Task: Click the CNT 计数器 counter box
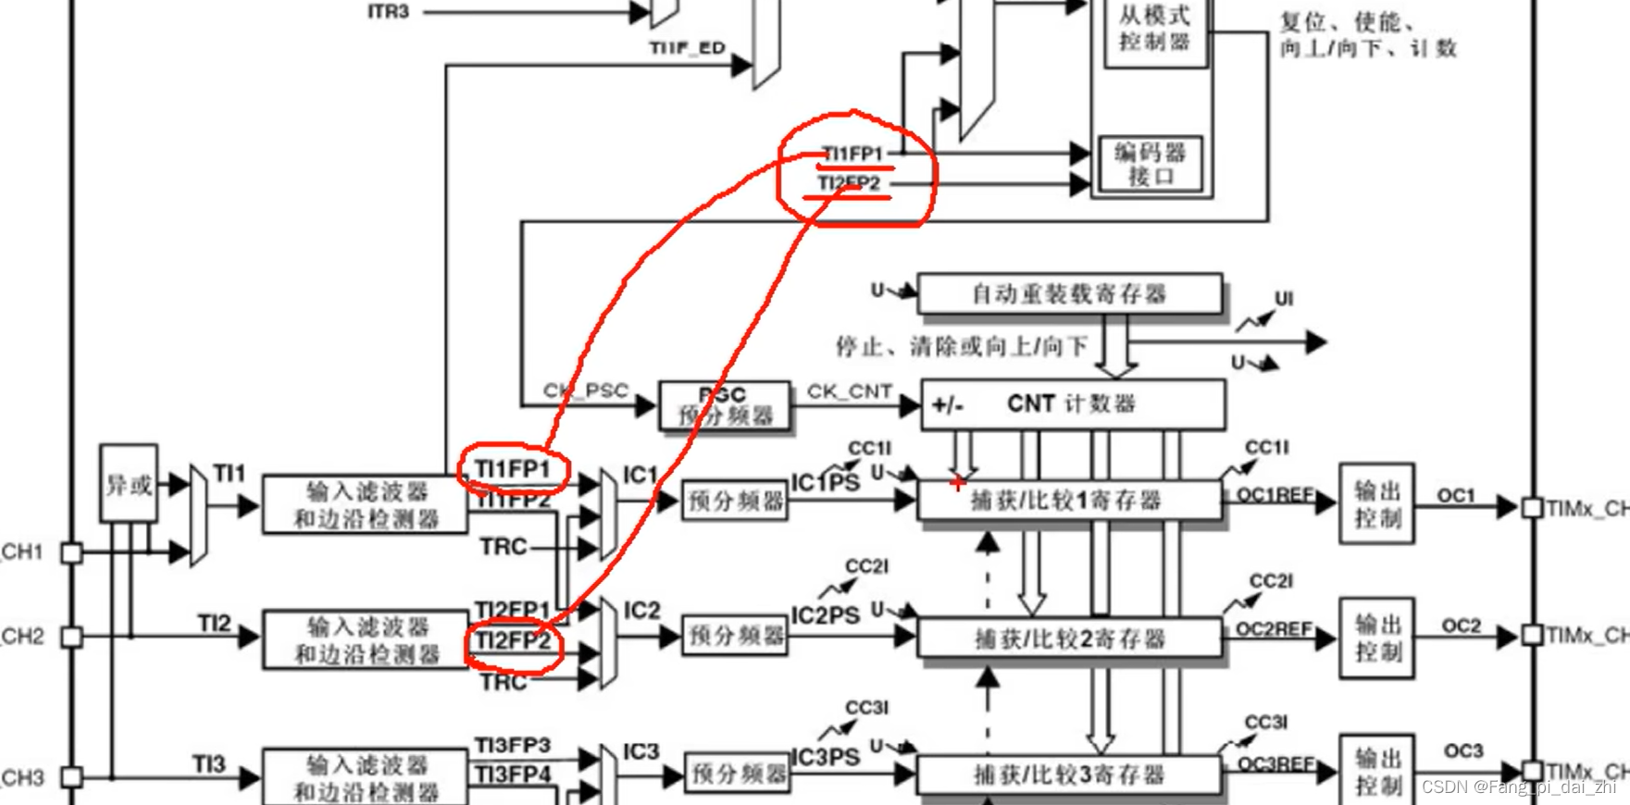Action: coord(1072,404)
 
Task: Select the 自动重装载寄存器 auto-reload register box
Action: coord(1069,294)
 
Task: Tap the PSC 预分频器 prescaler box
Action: coord(725,405)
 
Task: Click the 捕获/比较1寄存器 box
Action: coord(1068,501)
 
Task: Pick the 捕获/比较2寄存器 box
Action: coord(1068,638)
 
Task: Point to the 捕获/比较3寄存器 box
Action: coord(1068,774)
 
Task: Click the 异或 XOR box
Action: coord(129,484)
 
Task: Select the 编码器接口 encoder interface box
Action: coord(1151,165)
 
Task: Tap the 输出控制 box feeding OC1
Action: coord(1376,503)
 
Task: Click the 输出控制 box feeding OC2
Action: coord(1376,638)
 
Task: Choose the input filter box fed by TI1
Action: coord(366,504)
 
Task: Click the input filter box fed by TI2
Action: coord(366,638)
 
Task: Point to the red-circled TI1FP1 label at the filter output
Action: coord(512,469)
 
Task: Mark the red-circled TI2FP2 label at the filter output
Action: coord(513,641)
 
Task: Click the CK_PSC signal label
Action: coord(585,390)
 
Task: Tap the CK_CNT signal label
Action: coord(849,391)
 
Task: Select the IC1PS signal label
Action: coord(824,483)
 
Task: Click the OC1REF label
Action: coord(1275,495)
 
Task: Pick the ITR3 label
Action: coord(388,12)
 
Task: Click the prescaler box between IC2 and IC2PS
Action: coord(735,636)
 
